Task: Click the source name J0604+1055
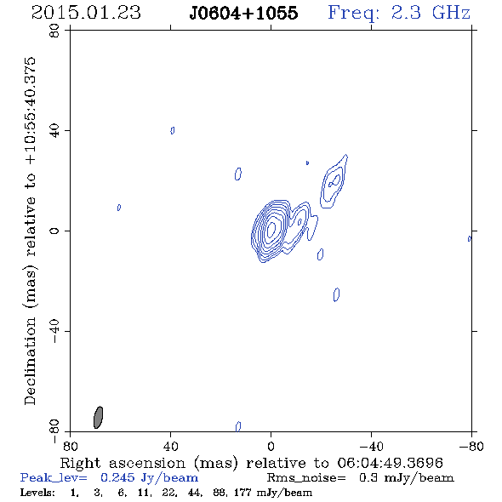click(x=243, y=13)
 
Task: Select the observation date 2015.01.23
click(x=86, y=13)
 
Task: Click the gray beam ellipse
click(x=99, y=418)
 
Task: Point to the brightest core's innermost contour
click(x=271, y=229)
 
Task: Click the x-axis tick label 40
click(x=170, y=446)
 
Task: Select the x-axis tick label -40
click(x=371, y=446)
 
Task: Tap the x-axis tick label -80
click(x=471, y=446)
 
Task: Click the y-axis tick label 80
click(x=54, y=31)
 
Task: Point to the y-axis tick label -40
click(x=54, y=331)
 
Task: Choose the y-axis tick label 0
click(x=54, y=231)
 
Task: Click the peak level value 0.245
click(x=117, y=477)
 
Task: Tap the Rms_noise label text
click(x=306, y=478)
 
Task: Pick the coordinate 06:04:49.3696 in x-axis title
click(x=390, y=463)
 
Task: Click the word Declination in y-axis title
click(x=30, y=361)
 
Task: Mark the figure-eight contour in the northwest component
click(x=334, y=180)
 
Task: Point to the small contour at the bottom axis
click(x=238, y=426)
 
